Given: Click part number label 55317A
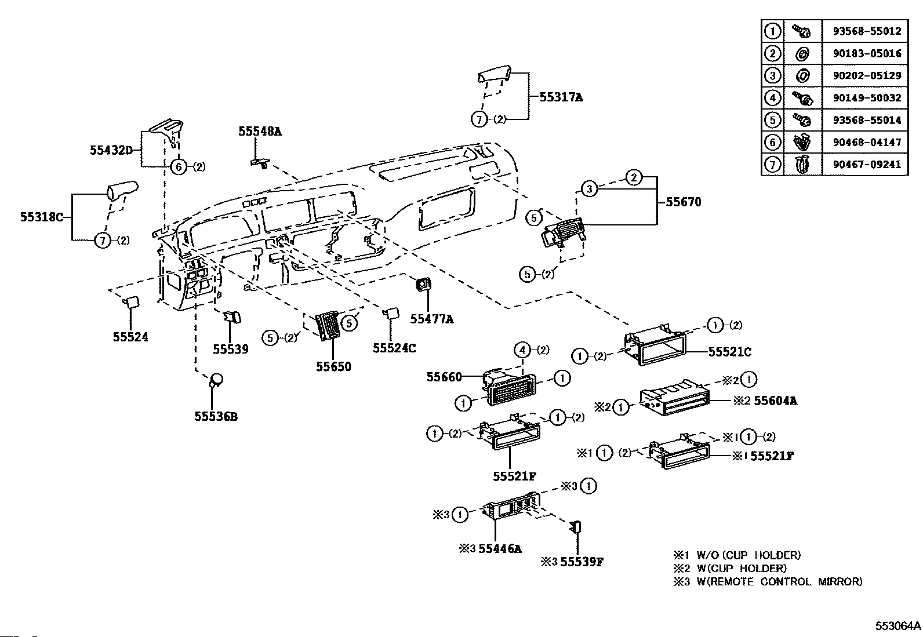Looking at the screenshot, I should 561,97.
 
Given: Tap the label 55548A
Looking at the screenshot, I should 260,132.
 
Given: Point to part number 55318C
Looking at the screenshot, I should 41,217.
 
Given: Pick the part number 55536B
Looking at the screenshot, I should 216,416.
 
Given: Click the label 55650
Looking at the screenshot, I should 333,366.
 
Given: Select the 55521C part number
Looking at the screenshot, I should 729,352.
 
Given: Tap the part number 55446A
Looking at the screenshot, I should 500,548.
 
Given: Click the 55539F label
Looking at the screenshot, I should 582,562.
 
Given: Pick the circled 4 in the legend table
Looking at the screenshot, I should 772,97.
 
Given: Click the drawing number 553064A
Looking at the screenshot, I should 897,626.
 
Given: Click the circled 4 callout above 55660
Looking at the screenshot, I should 522,350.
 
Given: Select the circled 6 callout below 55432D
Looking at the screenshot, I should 179,167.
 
